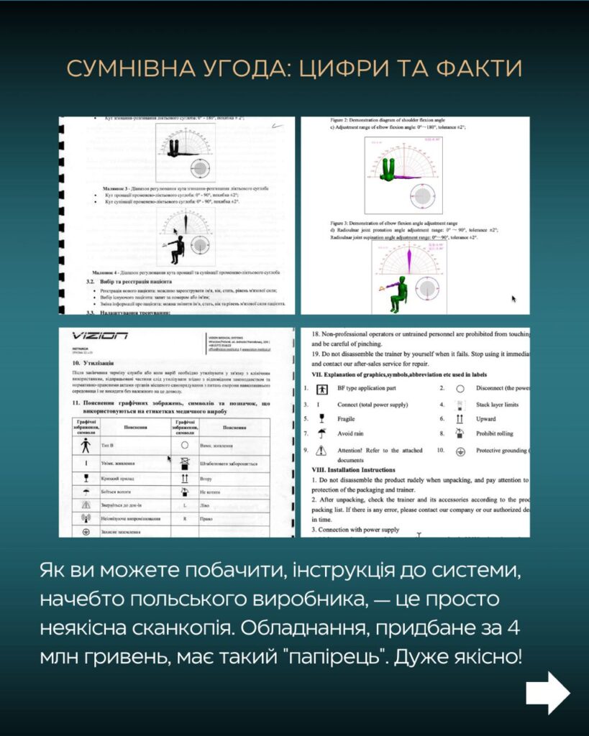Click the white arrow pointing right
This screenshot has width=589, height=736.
point(547,693)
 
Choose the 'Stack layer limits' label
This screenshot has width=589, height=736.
point(497,405)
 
